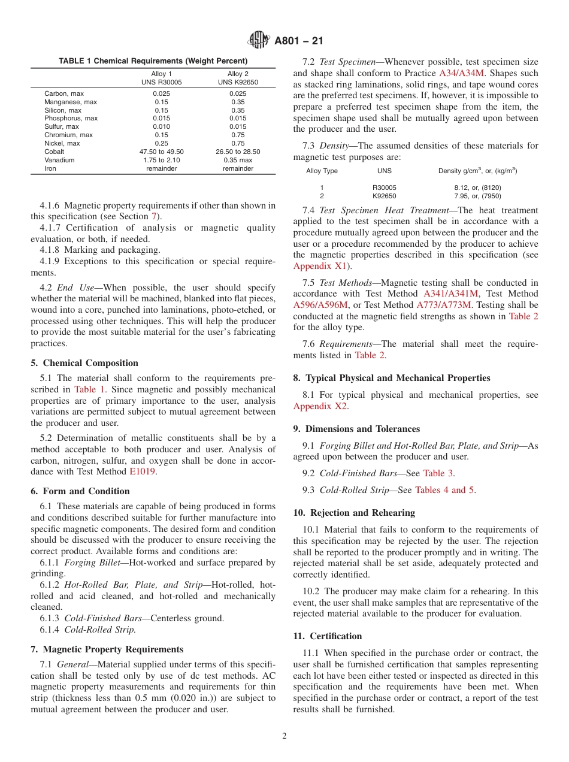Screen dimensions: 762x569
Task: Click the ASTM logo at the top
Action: (x=259, y=41)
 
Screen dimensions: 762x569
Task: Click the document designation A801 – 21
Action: (x=299, y=41)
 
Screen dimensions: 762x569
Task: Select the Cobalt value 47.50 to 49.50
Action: (x=162, y=152)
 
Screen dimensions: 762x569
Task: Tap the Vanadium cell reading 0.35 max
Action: (x=238, y=161)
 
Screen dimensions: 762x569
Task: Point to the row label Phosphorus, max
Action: (x=71, y=119)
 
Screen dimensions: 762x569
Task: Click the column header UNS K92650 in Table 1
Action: (x=238, y=82)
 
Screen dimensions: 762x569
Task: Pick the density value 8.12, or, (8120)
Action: (x=477, y=188)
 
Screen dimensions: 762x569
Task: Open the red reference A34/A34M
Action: (x=461, y=74)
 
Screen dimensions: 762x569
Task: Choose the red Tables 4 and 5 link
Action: (x=445, y=490)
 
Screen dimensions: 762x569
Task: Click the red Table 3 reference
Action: (x=438, y=473)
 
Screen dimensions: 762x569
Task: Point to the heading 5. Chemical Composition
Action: (x=84, y=363)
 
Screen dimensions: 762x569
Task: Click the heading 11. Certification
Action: (x=328, y=636)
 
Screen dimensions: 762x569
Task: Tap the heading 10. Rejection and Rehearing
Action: (x=354, y=513)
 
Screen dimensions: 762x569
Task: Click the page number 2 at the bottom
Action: (x=284, y=736)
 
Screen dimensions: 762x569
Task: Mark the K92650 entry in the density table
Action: (x=384, y=196)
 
